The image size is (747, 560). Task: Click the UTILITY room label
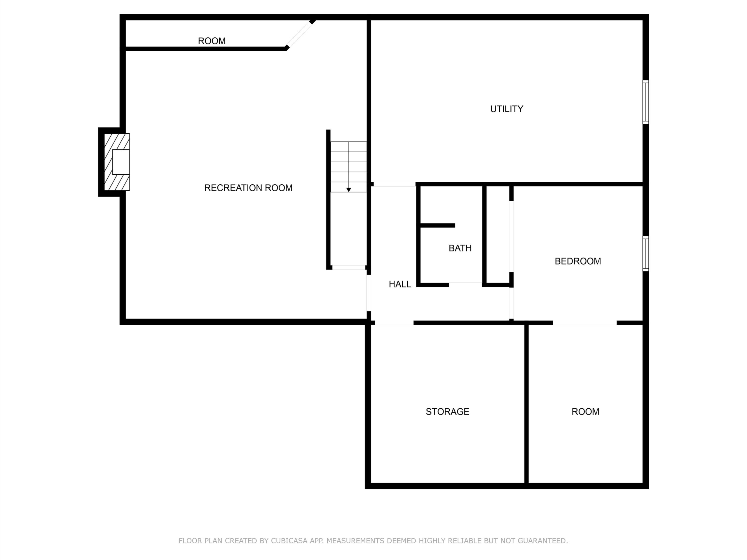507,109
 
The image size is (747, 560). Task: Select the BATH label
460,249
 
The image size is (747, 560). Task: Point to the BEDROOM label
578,261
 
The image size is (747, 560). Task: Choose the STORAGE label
447,412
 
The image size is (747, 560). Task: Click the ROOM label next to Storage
585,412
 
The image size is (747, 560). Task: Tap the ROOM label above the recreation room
212,41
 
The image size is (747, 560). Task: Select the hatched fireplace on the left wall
117,162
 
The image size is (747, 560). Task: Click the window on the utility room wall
645,102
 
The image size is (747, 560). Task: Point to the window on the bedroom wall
645,254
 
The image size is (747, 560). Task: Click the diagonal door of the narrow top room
299,34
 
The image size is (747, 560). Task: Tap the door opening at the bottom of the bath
465,284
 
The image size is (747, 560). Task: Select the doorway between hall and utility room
395,184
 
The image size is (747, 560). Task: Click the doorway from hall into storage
394,323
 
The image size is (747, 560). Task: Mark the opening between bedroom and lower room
584,323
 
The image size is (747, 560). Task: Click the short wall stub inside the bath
438,225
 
